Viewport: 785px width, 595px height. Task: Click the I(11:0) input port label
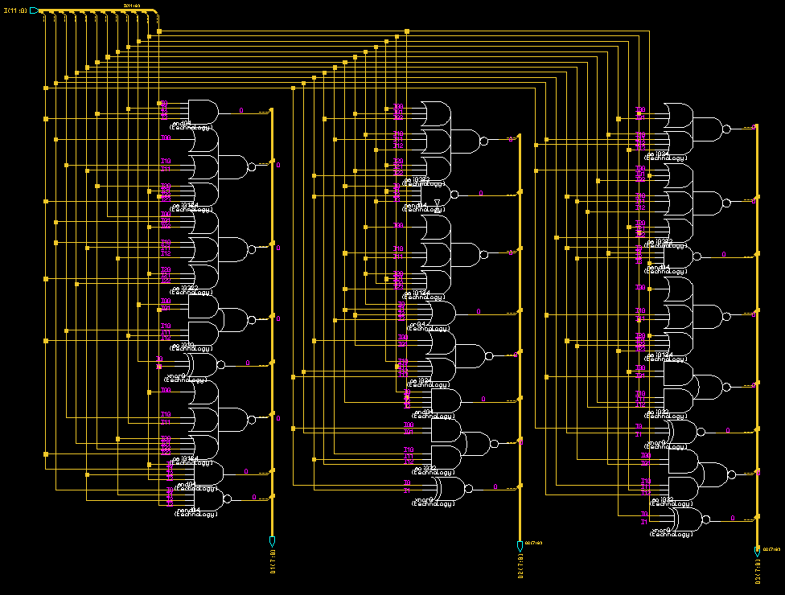[15, 10]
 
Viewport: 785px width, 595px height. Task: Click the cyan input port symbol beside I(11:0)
[35, 10]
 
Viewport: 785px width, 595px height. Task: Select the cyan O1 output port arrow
[272, 540]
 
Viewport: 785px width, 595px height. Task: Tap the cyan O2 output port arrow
[520, 546]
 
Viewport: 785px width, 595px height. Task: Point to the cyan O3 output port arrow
[757, 552]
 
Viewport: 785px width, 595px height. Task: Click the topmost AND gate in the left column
[203, 113]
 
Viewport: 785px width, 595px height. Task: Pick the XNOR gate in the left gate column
[203, 364]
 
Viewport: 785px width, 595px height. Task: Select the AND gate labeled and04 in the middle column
[445, 400]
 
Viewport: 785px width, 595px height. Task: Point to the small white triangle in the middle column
[438, 203]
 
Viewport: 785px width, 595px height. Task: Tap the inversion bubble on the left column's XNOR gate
[221, 364]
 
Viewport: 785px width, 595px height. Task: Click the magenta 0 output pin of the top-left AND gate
[240, 111]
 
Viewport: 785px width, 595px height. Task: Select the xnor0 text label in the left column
[178, 375]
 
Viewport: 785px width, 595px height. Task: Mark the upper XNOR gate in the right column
[684, 432]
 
